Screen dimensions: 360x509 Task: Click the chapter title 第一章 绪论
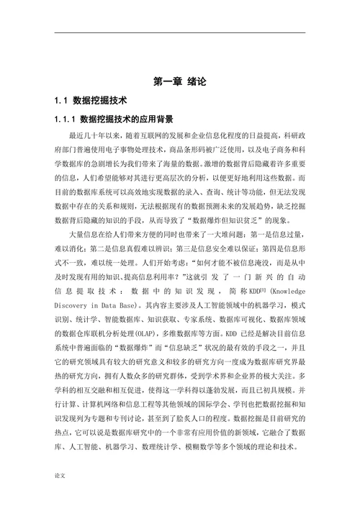point(180,82)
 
